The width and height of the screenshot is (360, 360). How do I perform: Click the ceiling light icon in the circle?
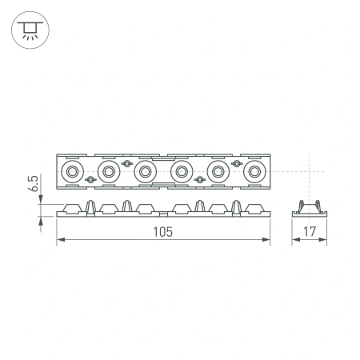click(x=29, y=30)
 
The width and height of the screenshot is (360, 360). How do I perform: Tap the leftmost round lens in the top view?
click(x=72, y=170)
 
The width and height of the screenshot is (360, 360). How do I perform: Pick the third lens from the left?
click(x=144, y=170)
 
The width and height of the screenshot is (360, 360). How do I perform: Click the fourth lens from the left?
click(x=181, y=170)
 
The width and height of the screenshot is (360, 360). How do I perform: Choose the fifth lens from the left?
click(x=217, y=170)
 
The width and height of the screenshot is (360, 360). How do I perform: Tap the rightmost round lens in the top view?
click(x=254, y=170)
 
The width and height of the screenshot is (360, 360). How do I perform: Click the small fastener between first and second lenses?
click(x=90, y=179)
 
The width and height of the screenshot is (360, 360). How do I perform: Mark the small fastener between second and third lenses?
click(x=126, y=162)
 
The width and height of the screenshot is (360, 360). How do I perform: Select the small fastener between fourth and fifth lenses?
click(x=198, y=179)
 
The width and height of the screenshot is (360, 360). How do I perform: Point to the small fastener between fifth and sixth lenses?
click(x=235, y=162)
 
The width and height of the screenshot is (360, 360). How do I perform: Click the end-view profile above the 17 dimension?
click(x=308, y=210)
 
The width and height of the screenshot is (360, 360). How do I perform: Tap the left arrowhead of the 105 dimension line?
click(x=60, y=242)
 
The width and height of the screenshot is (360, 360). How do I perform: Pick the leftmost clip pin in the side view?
click(x=90, y=205)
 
